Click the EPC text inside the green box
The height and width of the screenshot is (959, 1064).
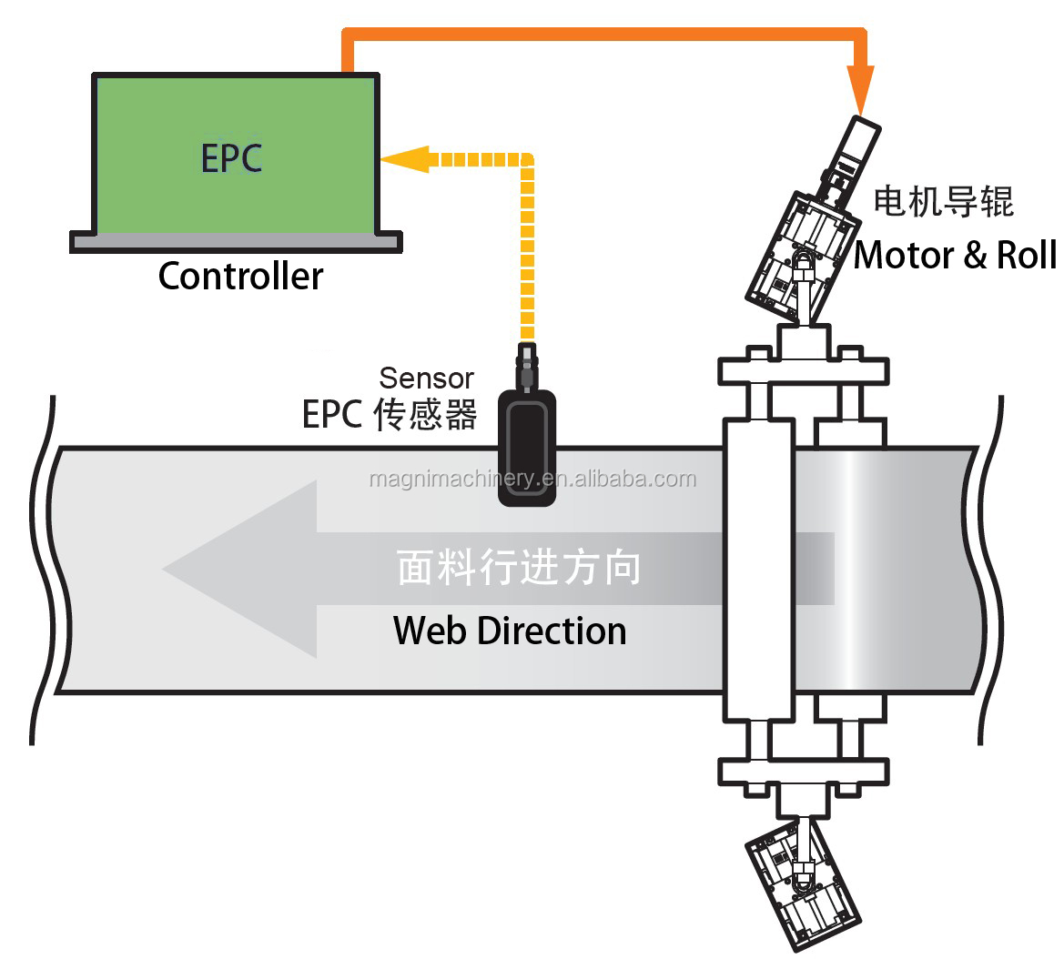(x=231, y=157)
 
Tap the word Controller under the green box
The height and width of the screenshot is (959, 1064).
(x=240, y=276)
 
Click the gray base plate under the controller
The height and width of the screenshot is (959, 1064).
(x=236, y=241)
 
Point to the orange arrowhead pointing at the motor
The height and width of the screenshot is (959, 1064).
(x=860, y=91)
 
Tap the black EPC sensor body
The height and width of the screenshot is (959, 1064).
(x=527, y=447)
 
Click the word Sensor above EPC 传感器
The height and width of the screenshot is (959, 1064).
(x=426, y=378)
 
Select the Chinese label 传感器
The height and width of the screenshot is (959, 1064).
(x=437, y=414)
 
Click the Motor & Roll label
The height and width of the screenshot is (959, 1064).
(x=955, y=256)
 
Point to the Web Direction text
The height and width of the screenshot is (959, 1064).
(x=510, y=631)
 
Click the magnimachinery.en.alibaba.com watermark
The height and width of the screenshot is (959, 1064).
(x=532, y=479)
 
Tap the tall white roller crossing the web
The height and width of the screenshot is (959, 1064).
(x=757, y=568)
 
